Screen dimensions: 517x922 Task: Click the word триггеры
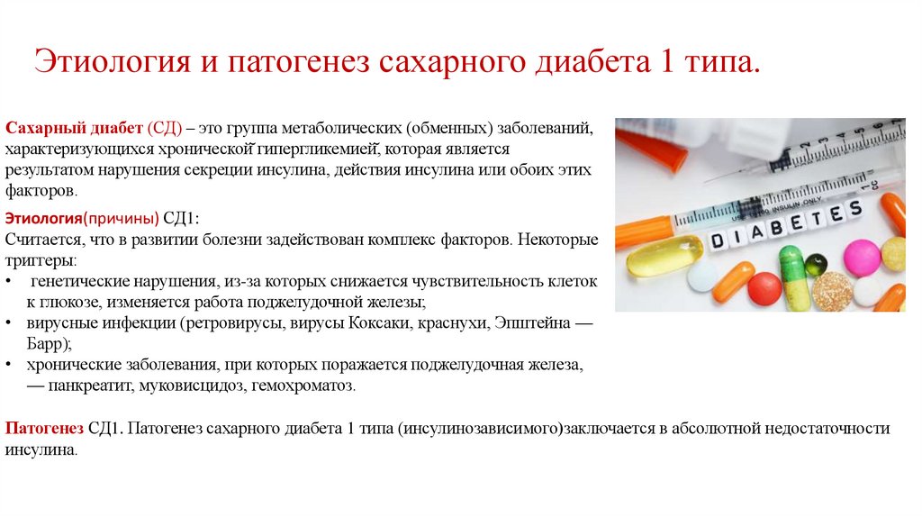41,259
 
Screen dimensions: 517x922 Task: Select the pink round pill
861,257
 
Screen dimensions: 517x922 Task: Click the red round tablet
764,288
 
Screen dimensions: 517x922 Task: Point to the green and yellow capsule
791,277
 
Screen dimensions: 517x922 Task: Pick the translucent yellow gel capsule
652,257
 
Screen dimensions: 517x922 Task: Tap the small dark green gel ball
816,264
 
